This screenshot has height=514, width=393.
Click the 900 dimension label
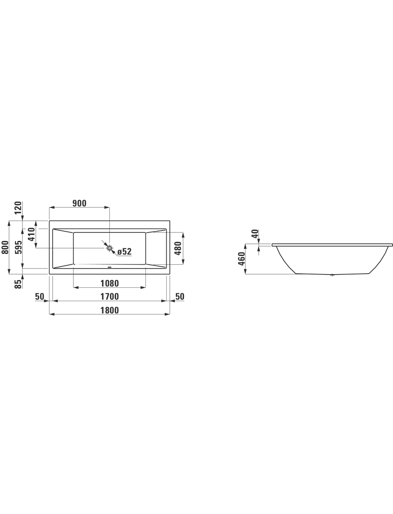pyautogui.click(x=79, y=203)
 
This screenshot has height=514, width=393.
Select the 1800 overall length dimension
pyautogui.click(x=110, y=310)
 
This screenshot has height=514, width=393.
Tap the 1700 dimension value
pyautogui.click(x=110, y=297)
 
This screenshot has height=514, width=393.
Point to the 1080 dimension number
pyautogui.click(x=110, y=284)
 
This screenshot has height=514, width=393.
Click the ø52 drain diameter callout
pyautogui.click(x=125, y=252)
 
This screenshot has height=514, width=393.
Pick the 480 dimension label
pyautogui.click(x=178, y=249)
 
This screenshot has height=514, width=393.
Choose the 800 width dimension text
pyautogui.click(x=5, y=247)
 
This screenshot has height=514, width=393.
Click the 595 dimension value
pyautogui.click(x=18, y=247)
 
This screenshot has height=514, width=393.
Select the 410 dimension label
pyautogui.click(x=31, y=234)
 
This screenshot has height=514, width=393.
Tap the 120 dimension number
pyautogui.click(x=18, y=208)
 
